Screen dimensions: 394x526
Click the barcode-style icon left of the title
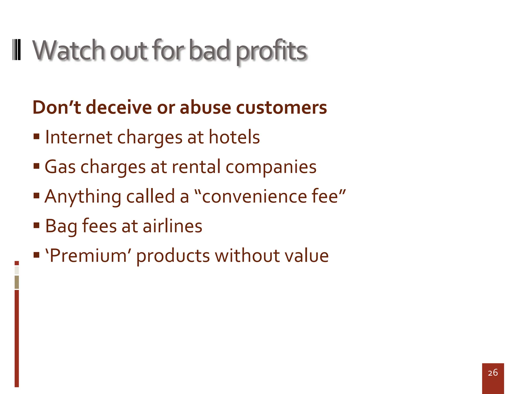[x=17, y=50]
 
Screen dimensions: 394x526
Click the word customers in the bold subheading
[x=281, y=107]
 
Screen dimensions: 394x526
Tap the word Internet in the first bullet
[x=79, y=137]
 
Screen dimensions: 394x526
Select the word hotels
[x=234, y=137]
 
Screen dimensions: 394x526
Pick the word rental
[x=196, y=167]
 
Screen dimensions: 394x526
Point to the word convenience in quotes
[x=254, y=196]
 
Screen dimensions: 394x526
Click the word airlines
[x=172, y=226]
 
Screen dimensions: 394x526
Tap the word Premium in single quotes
[x=88, y=256]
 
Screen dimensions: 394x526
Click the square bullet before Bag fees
[x=36, y=225]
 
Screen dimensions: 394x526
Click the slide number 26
[x=493, y=373]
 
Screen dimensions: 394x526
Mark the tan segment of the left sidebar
[x=17, y=282]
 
